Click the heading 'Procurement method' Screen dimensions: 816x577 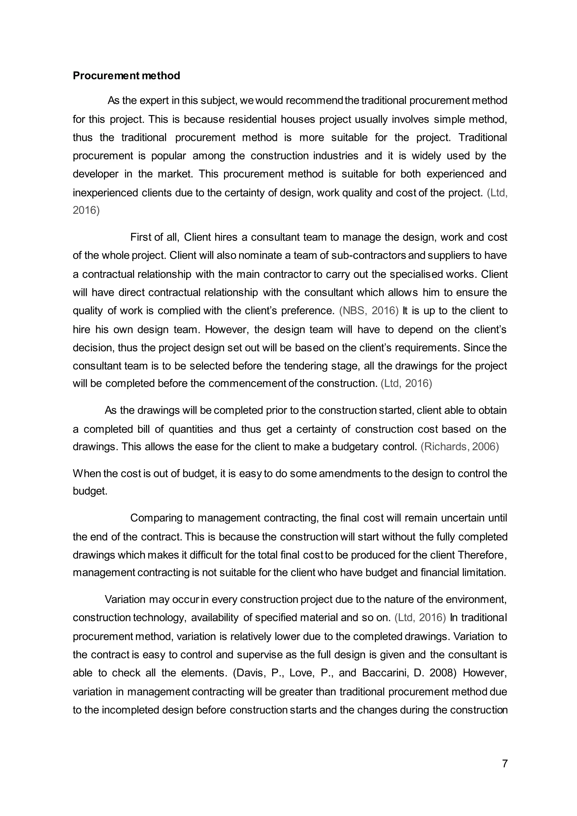point(126,76)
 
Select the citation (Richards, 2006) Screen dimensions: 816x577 point(460,447)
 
